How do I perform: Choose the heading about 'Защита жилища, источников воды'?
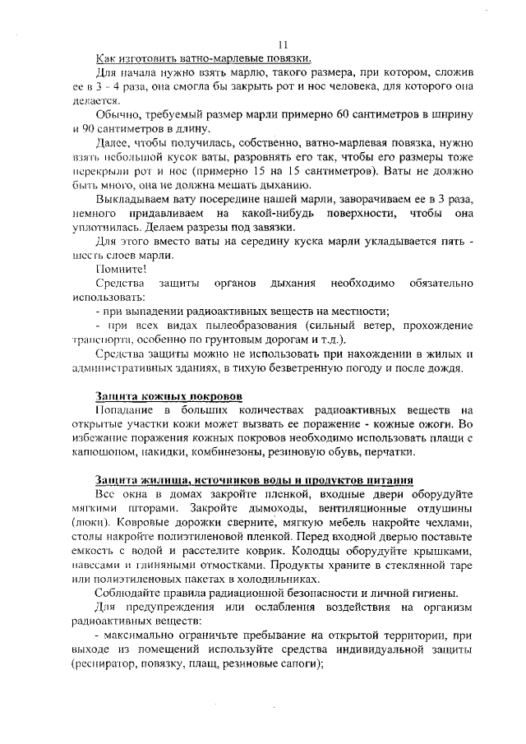[x=253, y=479]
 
